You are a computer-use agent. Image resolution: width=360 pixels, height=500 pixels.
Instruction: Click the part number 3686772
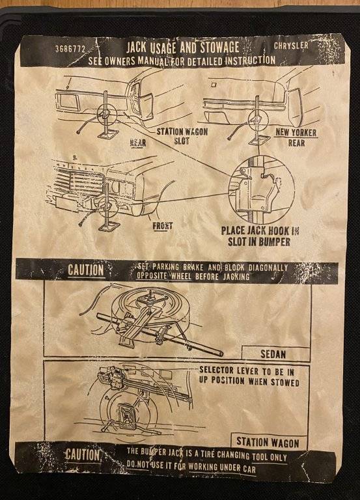70,49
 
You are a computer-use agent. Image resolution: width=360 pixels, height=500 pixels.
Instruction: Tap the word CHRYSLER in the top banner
291,46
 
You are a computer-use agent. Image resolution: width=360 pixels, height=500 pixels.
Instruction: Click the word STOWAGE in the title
219,48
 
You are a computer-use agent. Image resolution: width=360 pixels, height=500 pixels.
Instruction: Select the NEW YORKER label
296,132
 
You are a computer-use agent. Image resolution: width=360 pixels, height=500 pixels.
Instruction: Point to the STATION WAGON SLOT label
182,136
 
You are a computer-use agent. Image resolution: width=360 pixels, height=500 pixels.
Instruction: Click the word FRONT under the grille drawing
162,226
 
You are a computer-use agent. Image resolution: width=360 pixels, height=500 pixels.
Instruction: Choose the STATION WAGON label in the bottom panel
268,442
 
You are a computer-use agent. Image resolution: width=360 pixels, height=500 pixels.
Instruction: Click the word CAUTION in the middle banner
85,270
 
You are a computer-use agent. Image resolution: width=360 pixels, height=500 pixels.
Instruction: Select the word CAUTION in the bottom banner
83,454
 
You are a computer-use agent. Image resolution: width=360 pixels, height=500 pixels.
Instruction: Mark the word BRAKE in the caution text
194,267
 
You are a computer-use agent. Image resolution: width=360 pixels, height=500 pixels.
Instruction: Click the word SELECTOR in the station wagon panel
217,370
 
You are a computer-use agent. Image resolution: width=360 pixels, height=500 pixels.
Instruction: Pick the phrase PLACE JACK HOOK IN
260,230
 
